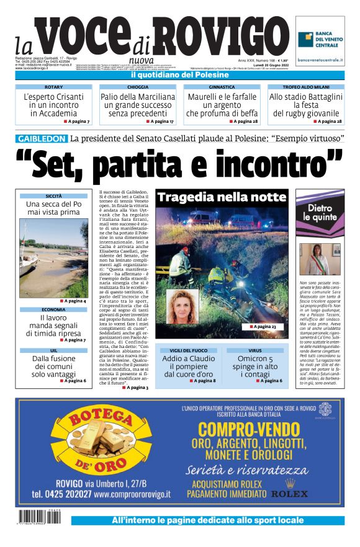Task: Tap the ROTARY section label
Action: click(53, 87)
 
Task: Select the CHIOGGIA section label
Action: click(137, 87)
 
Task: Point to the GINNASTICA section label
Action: click(222, 87)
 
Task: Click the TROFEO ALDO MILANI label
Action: click(305, 87)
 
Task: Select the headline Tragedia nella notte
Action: click(221, 198)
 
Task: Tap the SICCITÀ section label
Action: click(53, 196)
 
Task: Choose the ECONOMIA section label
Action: click(53, 309)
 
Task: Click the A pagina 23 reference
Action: click(263, 326)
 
